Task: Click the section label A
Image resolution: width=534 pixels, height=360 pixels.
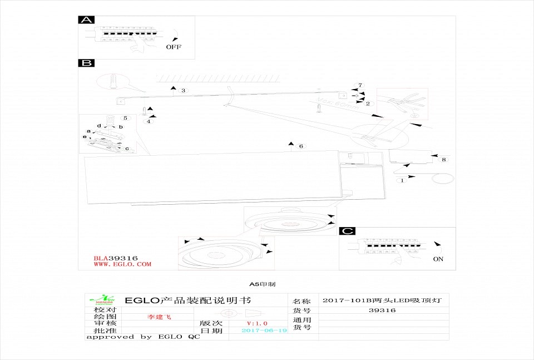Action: (86, 20)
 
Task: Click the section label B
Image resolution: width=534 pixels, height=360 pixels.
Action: (86, 63)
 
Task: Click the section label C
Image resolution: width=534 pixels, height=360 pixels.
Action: (347, 231)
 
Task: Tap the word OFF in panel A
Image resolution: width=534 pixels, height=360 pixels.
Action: (174, 47)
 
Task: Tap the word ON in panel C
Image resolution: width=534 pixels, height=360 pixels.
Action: (438, 259)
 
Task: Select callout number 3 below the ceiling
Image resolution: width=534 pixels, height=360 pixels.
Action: (184, 90)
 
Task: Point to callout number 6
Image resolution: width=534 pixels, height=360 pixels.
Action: (301, 146)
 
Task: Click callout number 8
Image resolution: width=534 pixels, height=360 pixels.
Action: (443, 160)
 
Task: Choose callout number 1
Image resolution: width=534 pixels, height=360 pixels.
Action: (403, 180)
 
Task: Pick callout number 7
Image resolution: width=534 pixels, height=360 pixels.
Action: (360, 85)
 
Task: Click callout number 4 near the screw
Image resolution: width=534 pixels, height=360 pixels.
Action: (149, 121)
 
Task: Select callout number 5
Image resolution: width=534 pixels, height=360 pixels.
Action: (125, 118)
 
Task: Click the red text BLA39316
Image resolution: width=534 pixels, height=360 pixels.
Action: (116, 258)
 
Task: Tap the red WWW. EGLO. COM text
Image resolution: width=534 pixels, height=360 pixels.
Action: (122, 264)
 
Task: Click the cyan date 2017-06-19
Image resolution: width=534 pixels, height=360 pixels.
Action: (264, 331)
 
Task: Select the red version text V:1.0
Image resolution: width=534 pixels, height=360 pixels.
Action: (257, 323)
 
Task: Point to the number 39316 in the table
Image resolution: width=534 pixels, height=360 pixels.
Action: (382, 310)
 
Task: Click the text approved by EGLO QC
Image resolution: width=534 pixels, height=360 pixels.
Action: (143, 337)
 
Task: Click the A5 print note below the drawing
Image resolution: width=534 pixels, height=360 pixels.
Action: (262, 284)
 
